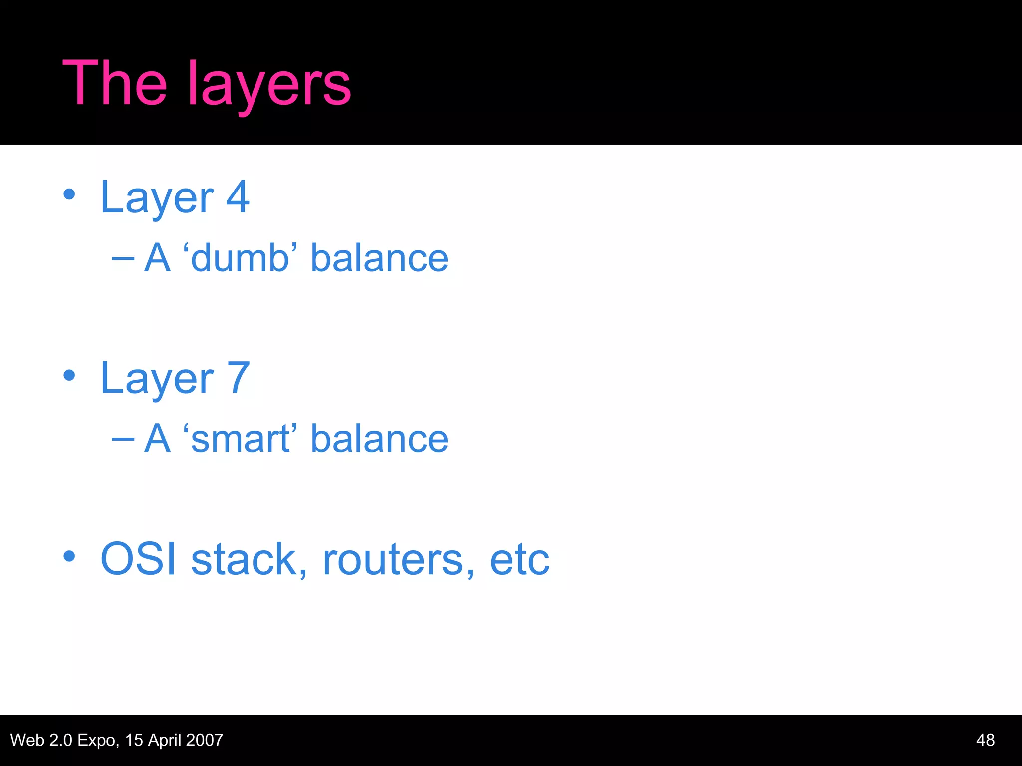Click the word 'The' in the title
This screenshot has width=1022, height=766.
(114, 83)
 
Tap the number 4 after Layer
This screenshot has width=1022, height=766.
(238, 197)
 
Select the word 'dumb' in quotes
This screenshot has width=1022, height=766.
(240, 258)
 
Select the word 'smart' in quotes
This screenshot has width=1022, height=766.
(240, 439)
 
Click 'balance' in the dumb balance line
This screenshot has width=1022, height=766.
(379, 258)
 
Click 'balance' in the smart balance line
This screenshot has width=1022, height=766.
(379, 439)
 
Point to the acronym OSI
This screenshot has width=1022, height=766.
(139, 559)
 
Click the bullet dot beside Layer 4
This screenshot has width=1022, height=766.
(69, 194)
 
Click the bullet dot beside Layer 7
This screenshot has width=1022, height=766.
(69, 376)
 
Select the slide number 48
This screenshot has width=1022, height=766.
(985, 740)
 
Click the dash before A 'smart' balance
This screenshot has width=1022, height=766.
(123, 439)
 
